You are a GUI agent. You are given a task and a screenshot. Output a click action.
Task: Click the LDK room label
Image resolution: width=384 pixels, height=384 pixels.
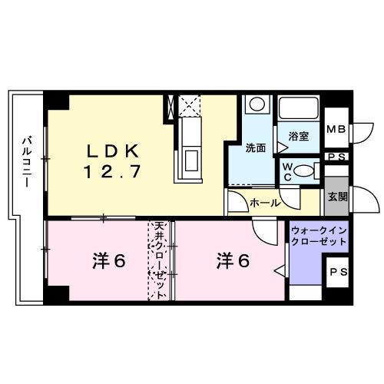(111, 148)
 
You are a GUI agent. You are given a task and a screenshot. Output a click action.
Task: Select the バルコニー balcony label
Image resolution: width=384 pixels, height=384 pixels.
(25, 164)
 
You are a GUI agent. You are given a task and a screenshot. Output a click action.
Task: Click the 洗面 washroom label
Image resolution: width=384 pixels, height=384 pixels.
(255, 147)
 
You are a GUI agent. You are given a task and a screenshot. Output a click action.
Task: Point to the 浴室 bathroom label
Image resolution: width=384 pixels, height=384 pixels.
(299, 137)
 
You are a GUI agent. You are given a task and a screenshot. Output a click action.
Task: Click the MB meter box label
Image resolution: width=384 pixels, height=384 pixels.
(336, 130)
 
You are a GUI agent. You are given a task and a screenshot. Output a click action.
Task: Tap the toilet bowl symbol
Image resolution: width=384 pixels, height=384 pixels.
(305, 170)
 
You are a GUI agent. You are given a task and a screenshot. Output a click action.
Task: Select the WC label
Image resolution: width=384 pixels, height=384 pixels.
(286, 170)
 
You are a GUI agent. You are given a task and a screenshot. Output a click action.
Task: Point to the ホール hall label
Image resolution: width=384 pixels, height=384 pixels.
(264, 203)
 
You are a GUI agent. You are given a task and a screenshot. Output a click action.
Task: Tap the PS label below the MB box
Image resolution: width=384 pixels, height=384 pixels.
(336, 158)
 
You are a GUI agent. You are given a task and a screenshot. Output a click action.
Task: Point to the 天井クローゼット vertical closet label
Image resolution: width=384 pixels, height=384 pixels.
(160, 261)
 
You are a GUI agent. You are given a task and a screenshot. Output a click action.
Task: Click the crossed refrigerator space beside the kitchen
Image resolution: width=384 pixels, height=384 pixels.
(189, 104)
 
